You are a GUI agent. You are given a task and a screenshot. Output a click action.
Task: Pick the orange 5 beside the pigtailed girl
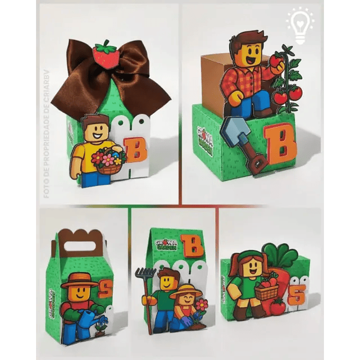click(296, 296)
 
